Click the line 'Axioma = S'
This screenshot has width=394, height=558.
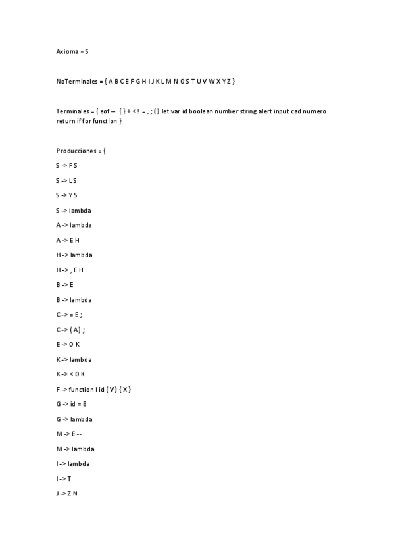tap(72, 51)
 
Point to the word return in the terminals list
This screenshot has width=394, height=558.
tap(66, 121)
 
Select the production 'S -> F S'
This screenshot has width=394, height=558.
tap(66, 166)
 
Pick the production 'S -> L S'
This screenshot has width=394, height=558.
tap(66, 180)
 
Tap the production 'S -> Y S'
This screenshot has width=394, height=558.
tap(66, 195)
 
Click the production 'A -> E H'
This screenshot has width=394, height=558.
tap(68, 240)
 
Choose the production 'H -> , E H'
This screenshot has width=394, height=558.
tap(70, 270)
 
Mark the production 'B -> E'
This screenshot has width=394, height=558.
tap(64, 285)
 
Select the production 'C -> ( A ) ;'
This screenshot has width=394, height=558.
tap(70, 330)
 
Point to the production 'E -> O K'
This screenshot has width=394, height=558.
tap(68, 345)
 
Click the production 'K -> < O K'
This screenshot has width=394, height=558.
tap(70, 374)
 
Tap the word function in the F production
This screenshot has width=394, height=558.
tap(81, 390)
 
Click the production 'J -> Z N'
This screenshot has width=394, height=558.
tap(67, 494)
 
